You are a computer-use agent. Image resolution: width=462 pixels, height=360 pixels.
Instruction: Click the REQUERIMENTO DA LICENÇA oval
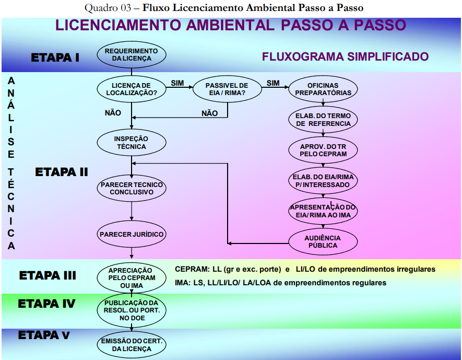(x=132, y=55)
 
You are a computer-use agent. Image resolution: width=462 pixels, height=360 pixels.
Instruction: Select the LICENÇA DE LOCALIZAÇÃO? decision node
(x=132, y=89)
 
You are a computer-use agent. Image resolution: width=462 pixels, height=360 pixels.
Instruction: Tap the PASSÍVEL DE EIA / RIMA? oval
(x=227, y=89)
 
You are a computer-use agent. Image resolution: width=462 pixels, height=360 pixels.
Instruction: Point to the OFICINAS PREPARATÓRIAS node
(x=323, y=89)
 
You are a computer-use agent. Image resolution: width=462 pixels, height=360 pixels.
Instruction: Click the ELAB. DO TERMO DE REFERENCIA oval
(x=323, y=120)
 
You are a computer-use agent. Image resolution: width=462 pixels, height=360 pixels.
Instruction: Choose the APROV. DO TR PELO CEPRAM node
(x=323, y=150)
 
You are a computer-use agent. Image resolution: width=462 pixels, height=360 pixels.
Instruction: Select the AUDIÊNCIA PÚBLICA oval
(x=323, y=241)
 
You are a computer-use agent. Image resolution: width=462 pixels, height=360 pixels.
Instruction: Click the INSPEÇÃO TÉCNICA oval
(x=132, y=143)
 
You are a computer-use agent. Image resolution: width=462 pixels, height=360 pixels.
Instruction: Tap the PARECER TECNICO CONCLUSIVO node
(x=132, y=188)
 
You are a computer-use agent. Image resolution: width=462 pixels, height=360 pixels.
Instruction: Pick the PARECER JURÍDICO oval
(x=132, y=234)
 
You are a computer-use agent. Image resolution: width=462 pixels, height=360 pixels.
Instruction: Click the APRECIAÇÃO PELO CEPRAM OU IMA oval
(x=132, y=277)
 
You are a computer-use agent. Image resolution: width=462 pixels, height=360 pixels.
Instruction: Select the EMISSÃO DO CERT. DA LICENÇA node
(x=132, y=345)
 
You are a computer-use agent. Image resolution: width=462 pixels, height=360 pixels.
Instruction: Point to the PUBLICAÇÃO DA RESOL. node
(x=132, y=310)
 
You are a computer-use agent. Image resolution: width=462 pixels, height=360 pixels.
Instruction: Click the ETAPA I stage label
(x=55, y=57)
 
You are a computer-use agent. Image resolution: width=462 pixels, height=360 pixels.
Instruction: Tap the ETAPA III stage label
(x=48, y=275)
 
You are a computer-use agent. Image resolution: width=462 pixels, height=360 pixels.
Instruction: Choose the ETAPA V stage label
(x=43, y=335)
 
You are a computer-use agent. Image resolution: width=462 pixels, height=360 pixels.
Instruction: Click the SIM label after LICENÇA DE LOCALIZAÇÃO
(x=177, y=83)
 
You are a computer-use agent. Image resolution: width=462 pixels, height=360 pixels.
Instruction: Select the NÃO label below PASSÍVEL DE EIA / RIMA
(x=209, y=113)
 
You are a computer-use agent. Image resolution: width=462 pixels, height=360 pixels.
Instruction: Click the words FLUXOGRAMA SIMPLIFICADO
(x=345, y=56)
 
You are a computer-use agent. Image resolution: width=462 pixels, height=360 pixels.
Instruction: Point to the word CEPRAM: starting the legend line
(x=192, y=269)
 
